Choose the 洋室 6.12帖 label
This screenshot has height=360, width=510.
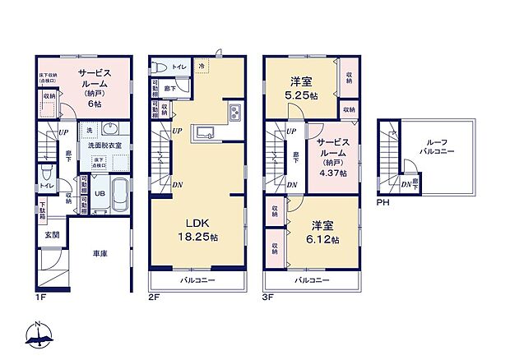point(325,233)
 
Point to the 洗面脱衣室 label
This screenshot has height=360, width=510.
point(104,145)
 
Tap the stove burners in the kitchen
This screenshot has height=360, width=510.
point(233,113)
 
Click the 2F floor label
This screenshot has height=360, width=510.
point(154,299)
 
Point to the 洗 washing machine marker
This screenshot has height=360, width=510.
point(89,131)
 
